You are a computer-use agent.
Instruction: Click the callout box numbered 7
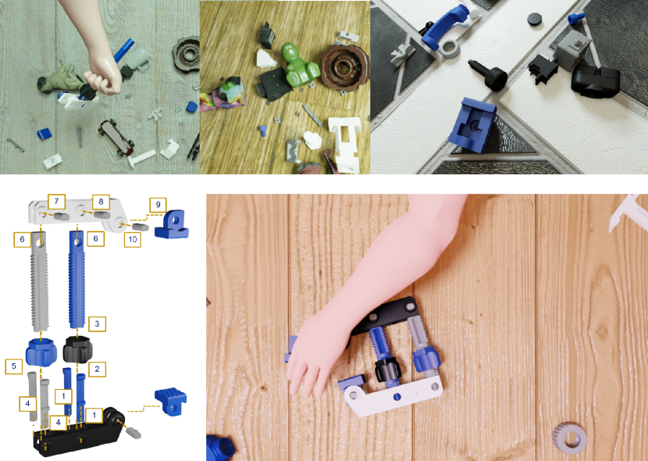pyautogui.click(x=56, y=202)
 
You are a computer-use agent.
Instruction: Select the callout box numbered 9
pyautogui.click(x=158, y=205)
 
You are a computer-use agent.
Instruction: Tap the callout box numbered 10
pyautogui.click(x=133, y=239)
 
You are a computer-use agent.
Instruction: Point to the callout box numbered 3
pyautogui.click(x=97, y=323)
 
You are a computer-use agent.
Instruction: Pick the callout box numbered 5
pyautogui.click(x=13, y=366)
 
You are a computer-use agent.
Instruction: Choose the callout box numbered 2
pyautogui.click(x=97, y=369)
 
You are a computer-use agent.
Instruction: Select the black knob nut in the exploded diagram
pyautogui.click(x=78, y=350)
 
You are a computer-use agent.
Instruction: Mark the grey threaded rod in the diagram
pyautogui.click(x=40, y=281)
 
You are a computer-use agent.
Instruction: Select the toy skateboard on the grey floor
pyautogui.click(x=116, y=138)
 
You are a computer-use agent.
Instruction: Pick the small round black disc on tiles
pyautogui.click(x=534, y=19)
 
